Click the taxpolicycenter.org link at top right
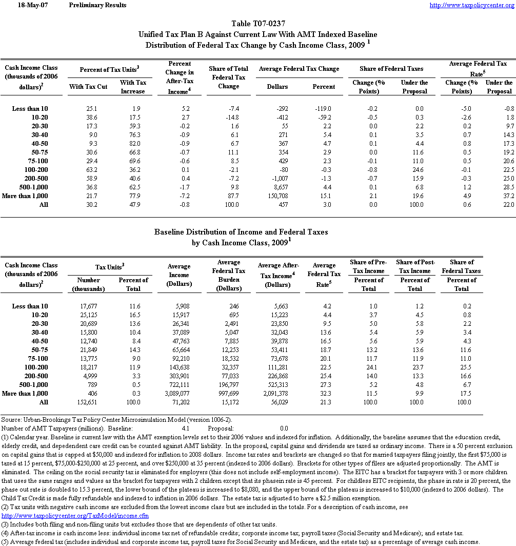pos(471,5)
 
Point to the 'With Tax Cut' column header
pos(88,87)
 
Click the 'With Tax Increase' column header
pos(133,87)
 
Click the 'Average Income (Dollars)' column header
pos(179,275)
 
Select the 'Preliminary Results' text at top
pos(97,5)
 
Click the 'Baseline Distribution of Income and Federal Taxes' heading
pos(241,232)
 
